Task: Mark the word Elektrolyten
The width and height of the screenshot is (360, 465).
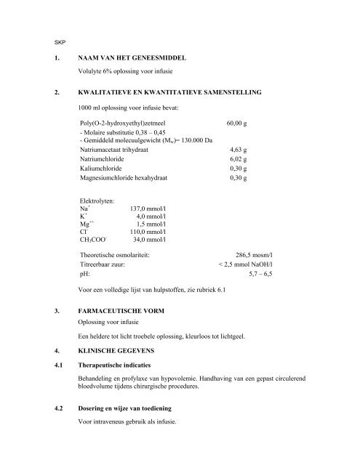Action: (x=98, y=199)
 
